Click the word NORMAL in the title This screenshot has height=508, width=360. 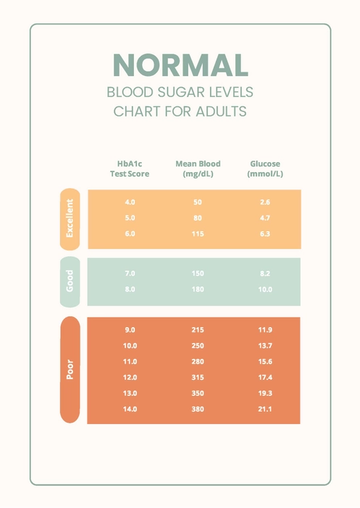pyautogui.click(x=180, y=65)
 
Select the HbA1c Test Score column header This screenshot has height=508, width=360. pyautogui.click(x=130, y=169)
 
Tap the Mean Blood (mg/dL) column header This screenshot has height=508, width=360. pyautogui.click(x=198, y=169)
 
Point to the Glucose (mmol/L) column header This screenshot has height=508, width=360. pyautogui.click(x=264, y=169)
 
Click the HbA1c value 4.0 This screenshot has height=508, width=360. pyautogui.click(x=130, y=202)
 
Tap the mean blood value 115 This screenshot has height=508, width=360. pyautogui.click(x=198, y=234)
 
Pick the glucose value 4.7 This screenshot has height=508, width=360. pyautogui.click(x=264, y=218)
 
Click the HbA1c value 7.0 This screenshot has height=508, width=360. pyautogui.click(x=130, y=274)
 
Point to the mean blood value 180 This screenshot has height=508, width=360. pyautogui.click(x=198, y=289)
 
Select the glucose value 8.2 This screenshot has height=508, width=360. pyautogui.click(x=264, y=274)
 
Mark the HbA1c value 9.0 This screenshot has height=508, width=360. pyautogui.click(x=130, y=330)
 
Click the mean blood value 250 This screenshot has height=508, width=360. pyautogui.click(x=198, y=346)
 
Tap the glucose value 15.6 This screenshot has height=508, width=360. pyautogui.click(x=264, y=362)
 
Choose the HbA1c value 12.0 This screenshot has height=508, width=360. pyautogui.click(x=130, y=378)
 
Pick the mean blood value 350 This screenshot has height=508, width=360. pyautogui.click(x=198, y=394)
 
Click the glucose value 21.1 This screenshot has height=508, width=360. pyautogui.click(x=264, y=410)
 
